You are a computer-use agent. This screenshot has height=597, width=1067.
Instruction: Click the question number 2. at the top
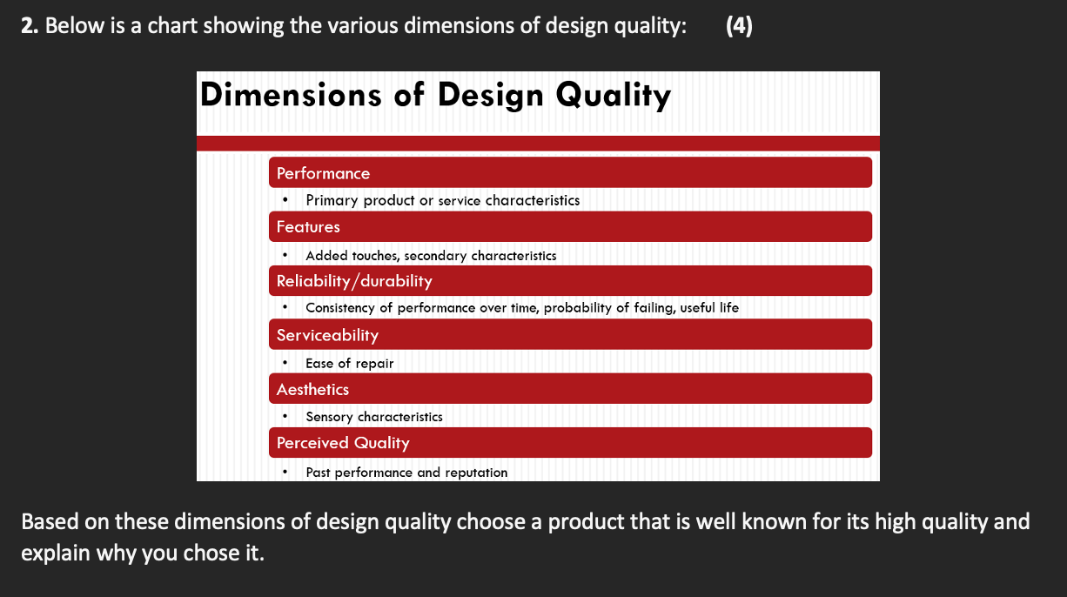30,26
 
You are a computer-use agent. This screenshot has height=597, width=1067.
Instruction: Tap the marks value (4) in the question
739,26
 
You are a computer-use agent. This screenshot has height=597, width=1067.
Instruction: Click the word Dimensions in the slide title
291,94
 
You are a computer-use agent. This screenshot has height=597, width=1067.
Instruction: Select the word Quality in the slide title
614,95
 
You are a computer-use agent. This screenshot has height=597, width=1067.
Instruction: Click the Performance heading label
323,173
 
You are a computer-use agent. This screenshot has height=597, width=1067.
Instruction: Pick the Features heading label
308,227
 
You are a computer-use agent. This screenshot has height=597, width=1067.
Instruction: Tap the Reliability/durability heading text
354,281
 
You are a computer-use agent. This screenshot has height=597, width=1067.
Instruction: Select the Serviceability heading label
328,335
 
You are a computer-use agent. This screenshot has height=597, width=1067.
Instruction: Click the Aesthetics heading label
312,389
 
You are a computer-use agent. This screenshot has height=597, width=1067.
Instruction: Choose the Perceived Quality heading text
343,444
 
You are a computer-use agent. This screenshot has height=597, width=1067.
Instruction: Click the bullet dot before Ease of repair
285,363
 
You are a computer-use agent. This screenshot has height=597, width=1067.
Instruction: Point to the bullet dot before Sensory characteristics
285,417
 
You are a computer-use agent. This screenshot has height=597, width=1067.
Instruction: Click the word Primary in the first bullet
332,201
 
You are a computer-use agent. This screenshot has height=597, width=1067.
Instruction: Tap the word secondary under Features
435,256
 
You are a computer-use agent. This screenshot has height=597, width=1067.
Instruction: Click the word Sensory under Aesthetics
329,418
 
